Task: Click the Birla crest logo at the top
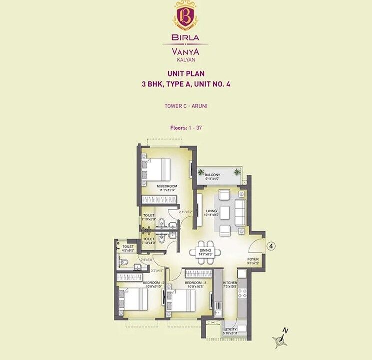pyautogui.click(x=185, y=15)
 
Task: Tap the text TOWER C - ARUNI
pyautogui.click(x=186, y=105)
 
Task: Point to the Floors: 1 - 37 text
pyautogui.click(x=186, y=128)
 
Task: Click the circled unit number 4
pyautogui.click(x=270, y=246)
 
